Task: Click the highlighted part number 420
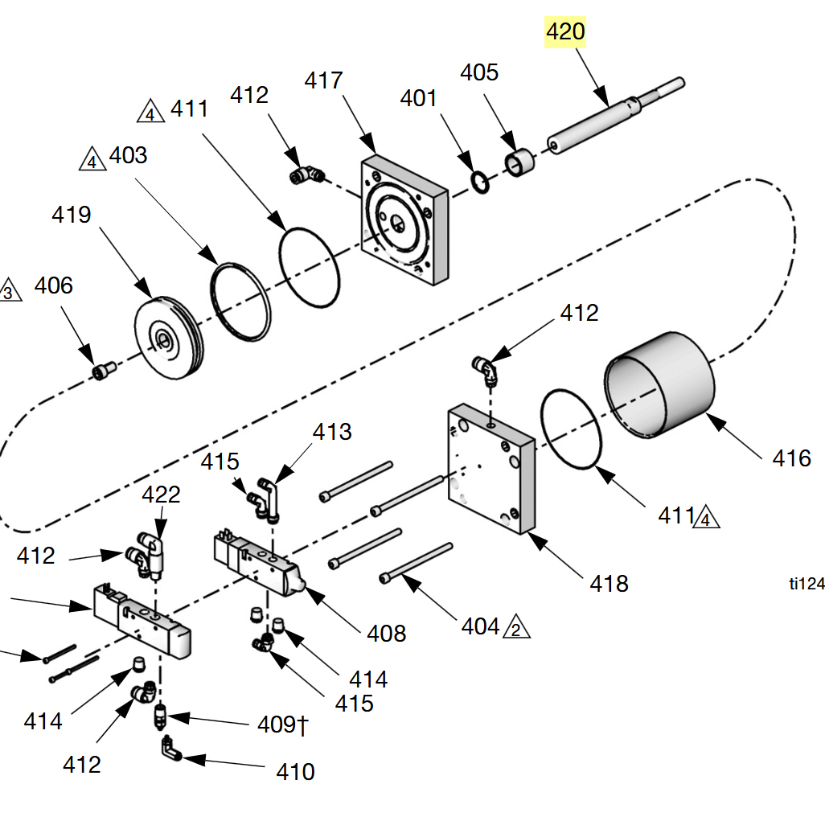click(566, 32)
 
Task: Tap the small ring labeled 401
click(479, 184)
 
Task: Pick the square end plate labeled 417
click(404, 220)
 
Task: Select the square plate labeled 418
click(490, 467)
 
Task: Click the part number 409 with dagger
click(282, 724)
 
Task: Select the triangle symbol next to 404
click(516, 628)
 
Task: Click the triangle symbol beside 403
click(92, 159)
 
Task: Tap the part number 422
click(161, 494)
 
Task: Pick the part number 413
click(332, 432)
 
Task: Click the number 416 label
click(791, 458)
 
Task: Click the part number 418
click(609, 582)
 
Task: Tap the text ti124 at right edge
click(807, 585)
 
